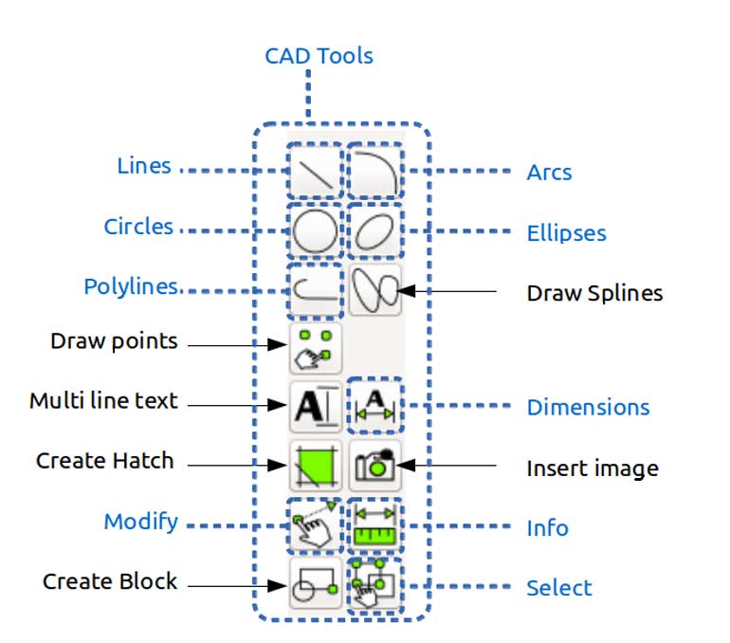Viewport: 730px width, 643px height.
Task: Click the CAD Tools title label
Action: point(319,56)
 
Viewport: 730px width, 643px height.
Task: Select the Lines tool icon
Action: point(315,172)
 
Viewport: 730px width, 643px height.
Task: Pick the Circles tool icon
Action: point(315,230)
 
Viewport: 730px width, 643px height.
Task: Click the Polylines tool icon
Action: point(315,289)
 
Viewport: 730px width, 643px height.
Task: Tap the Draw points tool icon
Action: point(315,348)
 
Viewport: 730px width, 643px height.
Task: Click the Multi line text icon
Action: point(315,407)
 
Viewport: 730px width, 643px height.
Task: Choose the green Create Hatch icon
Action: point(315,466)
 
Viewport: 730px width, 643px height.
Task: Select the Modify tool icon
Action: point(315,524)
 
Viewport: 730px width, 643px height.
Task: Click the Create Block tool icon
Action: point(315,583)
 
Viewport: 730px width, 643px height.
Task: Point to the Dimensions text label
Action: point(588,408)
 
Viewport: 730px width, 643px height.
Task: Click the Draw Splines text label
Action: point(594,293)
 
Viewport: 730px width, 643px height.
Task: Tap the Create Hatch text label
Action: point(105,461)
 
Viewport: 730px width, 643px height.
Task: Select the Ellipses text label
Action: point(566,233)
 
